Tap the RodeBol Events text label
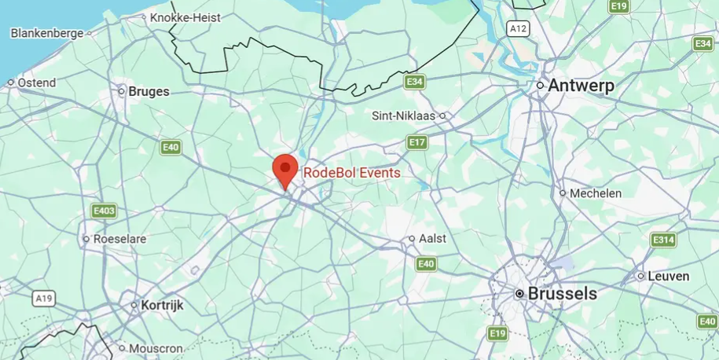351,173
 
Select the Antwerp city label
581,85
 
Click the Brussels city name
562,294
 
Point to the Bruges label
149,91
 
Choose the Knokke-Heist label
185,17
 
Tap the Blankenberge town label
46,33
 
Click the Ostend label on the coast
36,83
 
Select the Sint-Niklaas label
404,116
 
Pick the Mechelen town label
595,193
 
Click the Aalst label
432,238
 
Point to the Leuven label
668,276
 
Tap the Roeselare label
116,238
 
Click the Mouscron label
156,348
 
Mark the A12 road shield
517,28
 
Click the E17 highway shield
417,142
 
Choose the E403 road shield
104,211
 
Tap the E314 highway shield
663,240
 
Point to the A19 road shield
44,299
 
